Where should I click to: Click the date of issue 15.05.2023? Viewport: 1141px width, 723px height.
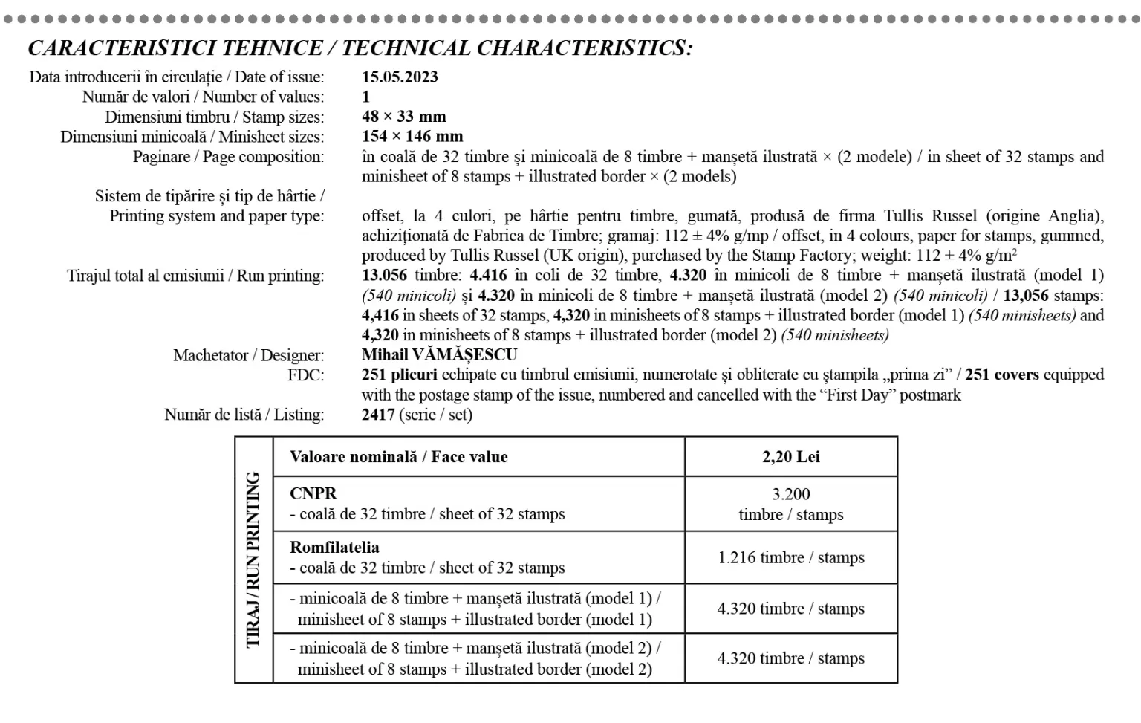point(400,77)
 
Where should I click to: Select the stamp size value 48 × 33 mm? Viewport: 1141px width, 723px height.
point(403,117)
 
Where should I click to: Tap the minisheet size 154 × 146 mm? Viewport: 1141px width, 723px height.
point(412,137)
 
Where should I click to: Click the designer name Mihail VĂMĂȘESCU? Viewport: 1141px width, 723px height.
point(439,355)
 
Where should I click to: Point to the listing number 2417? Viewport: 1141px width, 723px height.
point(378,415)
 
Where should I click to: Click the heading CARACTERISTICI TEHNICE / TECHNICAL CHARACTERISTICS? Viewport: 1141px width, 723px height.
point(360,48)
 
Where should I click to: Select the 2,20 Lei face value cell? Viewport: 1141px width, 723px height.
point(790,457)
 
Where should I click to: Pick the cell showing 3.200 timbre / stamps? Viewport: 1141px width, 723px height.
point(790,504)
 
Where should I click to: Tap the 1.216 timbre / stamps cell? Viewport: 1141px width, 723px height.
point(790,557)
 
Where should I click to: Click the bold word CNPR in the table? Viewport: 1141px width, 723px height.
point(313,493)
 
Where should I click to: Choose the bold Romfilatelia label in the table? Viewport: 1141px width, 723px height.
point(334,548)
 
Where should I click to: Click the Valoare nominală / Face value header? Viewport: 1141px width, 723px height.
point(398,457)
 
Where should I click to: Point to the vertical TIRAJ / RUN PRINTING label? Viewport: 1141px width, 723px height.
point(253,560)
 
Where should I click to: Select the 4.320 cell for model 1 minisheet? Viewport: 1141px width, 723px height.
point(790,609)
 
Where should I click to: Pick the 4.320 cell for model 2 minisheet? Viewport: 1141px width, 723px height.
point(790,658)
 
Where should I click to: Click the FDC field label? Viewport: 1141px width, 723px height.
point(305,375)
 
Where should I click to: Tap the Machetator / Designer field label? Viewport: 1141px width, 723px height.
point(248,355)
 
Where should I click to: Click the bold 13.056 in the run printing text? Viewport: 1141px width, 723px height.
point(384,276)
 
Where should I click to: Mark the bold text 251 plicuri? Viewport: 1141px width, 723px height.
point(399,375)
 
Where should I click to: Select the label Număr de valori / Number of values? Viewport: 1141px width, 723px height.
point(203,97)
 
